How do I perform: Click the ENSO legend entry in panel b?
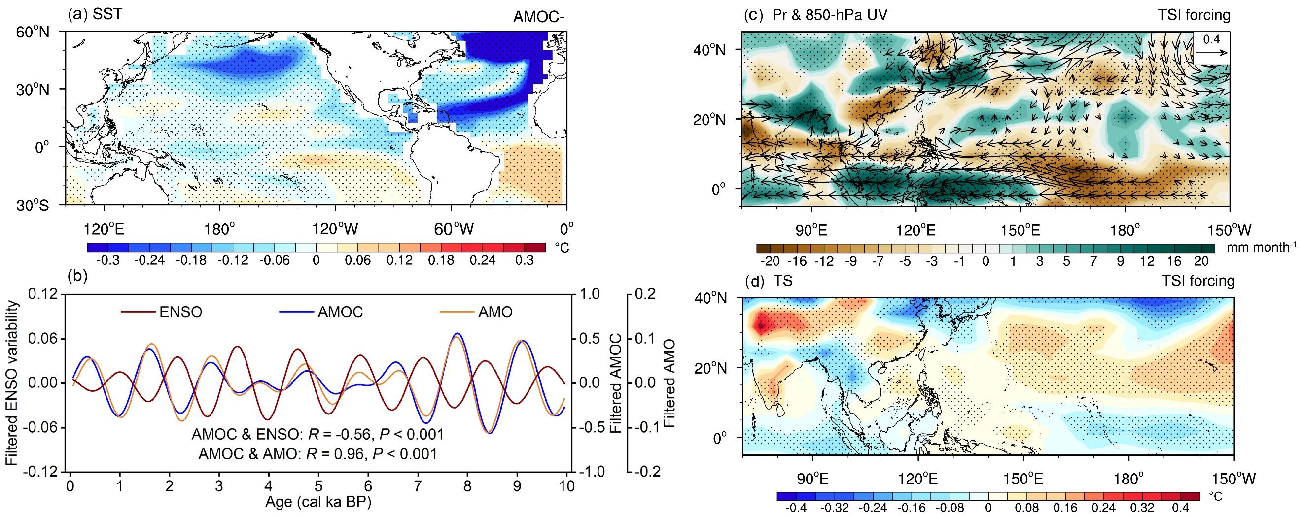point(181,312)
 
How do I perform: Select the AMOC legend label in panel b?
point(340,312)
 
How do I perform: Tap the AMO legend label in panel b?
point(495,312)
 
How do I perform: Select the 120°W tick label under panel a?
point(334,230)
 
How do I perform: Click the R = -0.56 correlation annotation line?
point(317,435)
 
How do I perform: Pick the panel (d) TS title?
point(768,281)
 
